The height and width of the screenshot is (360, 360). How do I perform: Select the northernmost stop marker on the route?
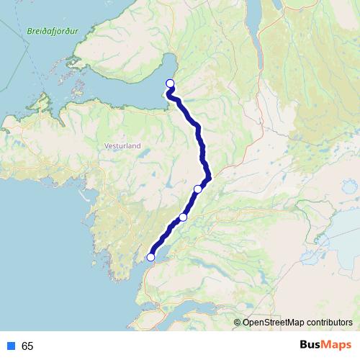171,83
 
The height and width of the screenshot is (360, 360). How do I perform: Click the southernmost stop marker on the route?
151,257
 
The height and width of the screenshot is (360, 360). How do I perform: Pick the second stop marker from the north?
198,189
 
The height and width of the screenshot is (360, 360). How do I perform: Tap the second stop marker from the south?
183,217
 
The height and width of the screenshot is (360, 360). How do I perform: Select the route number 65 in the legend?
27,346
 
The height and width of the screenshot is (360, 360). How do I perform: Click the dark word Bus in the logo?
311,346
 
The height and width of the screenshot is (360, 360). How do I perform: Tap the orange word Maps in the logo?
338,346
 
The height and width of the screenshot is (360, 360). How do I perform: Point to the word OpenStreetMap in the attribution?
274,322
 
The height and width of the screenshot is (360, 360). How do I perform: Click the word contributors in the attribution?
329,322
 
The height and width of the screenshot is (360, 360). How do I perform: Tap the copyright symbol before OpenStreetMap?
238,322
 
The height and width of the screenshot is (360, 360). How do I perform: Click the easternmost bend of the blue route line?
210,175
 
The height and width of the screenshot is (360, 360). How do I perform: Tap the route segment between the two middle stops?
191,203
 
